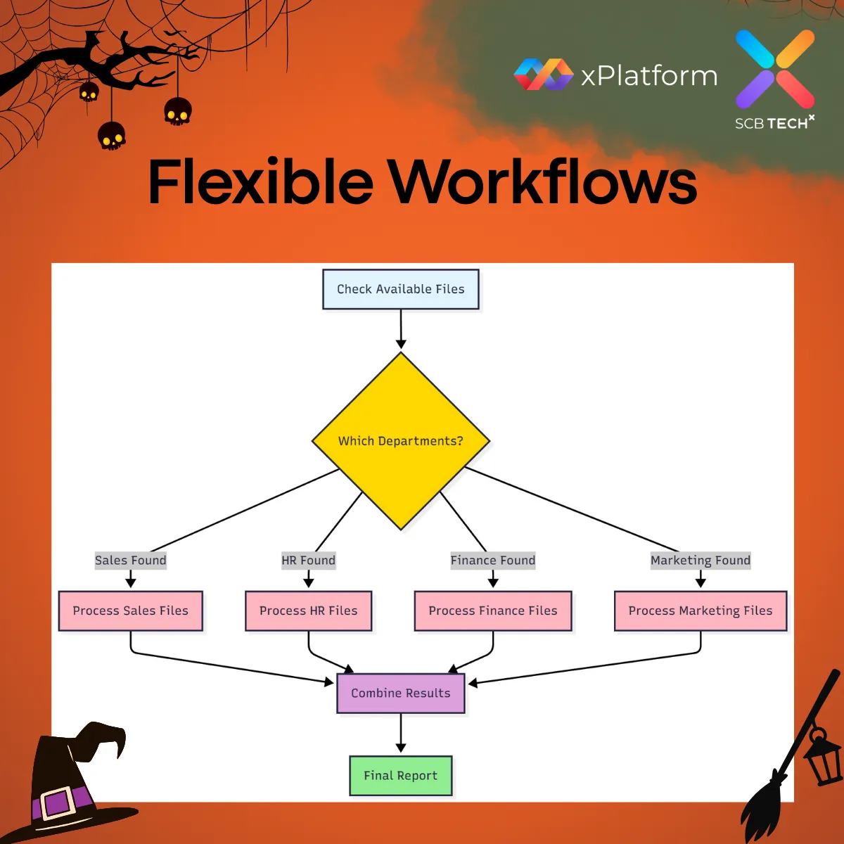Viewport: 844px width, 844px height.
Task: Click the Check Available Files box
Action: point(401,289)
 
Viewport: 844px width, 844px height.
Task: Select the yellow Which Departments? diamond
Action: point(401,441)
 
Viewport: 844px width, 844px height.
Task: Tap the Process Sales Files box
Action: point(131,610)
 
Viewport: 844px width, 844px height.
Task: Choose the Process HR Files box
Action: point(309,610)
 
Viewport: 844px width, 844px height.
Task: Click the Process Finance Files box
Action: point(493,610)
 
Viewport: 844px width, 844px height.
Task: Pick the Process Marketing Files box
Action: point(701,610)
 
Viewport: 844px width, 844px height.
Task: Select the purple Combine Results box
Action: point(401,693)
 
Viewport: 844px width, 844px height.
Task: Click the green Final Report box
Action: point(401,776)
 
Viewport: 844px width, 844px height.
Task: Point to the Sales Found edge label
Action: point(131,561)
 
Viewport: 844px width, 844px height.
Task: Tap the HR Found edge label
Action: point(309,561)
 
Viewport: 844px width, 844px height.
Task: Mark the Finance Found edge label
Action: point(493,561)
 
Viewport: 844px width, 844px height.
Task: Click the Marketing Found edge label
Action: point(701,561)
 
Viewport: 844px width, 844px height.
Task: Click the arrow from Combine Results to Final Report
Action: point(401,734)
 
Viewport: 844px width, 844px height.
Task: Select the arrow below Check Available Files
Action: point(401,328)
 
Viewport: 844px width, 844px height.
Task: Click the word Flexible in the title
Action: point(261,182)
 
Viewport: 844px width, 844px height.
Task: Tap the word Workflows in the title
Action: point(542,182)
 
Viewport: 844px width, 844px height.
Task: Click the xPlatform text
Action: point(649,75)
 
